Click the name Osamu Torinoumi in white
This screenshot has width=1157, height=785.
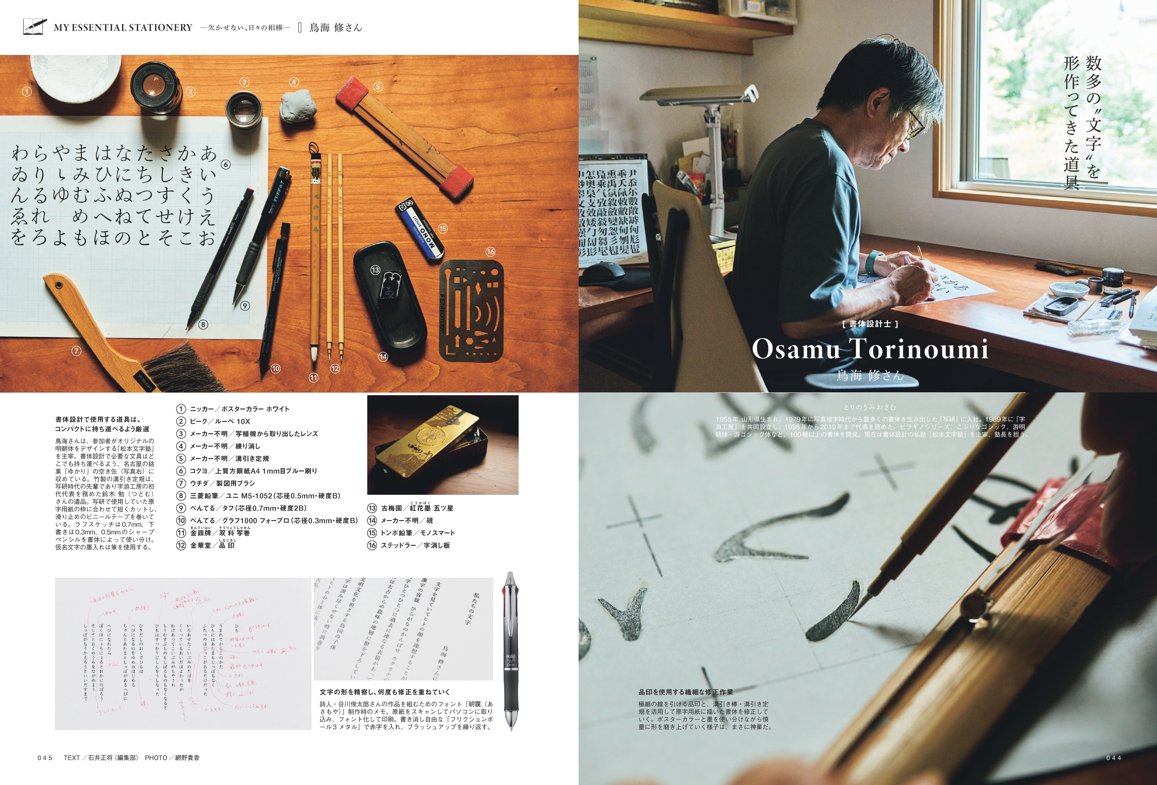pos(869,348)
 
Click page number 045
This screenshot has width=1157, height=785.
pos(45,758)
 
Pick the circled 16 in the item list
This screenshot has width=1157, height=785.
pos(372,545)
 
